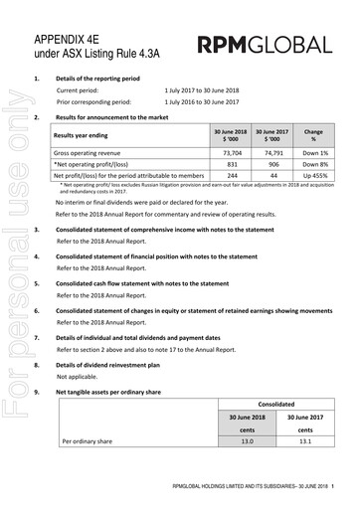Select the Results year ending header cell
(x=84, y=134)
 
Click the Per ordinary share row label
(x=88, y=439)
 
